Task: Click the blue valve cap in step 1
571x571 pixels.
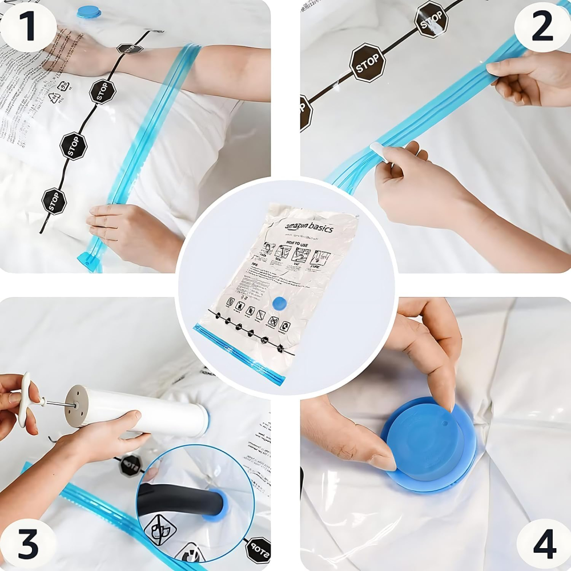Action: (x=89, y=11)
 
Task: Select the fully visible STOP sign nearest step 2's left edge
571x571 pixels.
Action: (x=367, y=63)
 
